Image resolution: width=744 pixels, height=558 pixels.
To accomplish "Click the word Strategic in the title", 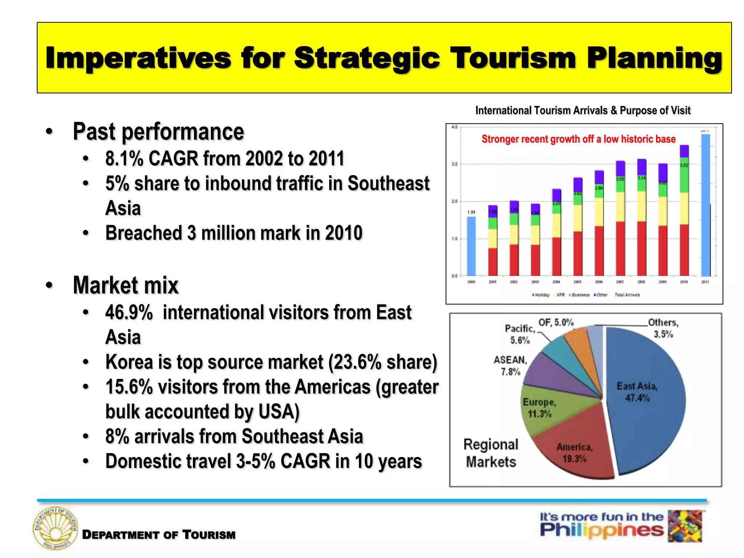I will point(367,58).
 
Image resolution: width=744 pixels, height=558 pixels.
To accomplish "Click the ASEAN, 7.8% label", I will point(510,365).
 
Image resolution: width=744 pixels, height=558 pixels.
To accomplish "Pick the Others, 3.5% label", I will point(663,328).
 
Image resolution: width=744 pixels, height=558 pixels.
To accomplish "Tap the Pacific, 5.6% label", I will point(520,334).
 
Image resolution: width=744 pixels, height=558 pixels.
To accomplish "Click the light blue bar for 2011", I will point(705,205).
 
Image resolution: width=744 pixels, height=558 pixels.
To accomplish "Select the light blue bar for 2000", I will point(471,246).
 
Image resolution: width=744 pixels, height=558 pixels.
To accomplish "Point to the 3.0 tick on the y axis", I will point(454,164).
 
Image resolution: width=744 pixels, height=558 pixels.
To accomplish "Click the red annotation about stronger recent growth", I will point(578,139).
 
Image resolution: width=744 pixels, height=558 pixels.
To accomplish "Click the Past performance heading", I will point(158,132).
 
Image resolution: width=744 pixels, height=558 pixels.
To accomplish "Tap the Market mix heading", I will point(126,285).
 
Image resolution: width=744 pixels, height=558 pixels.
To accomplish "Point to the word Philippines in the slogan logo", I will point(601,530).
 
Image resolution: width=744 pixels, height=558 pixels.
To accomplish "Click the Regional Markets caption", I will point(491,453).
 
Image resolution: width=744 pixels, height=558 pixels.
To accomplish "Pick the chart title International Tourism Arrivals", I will point(583,110).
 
